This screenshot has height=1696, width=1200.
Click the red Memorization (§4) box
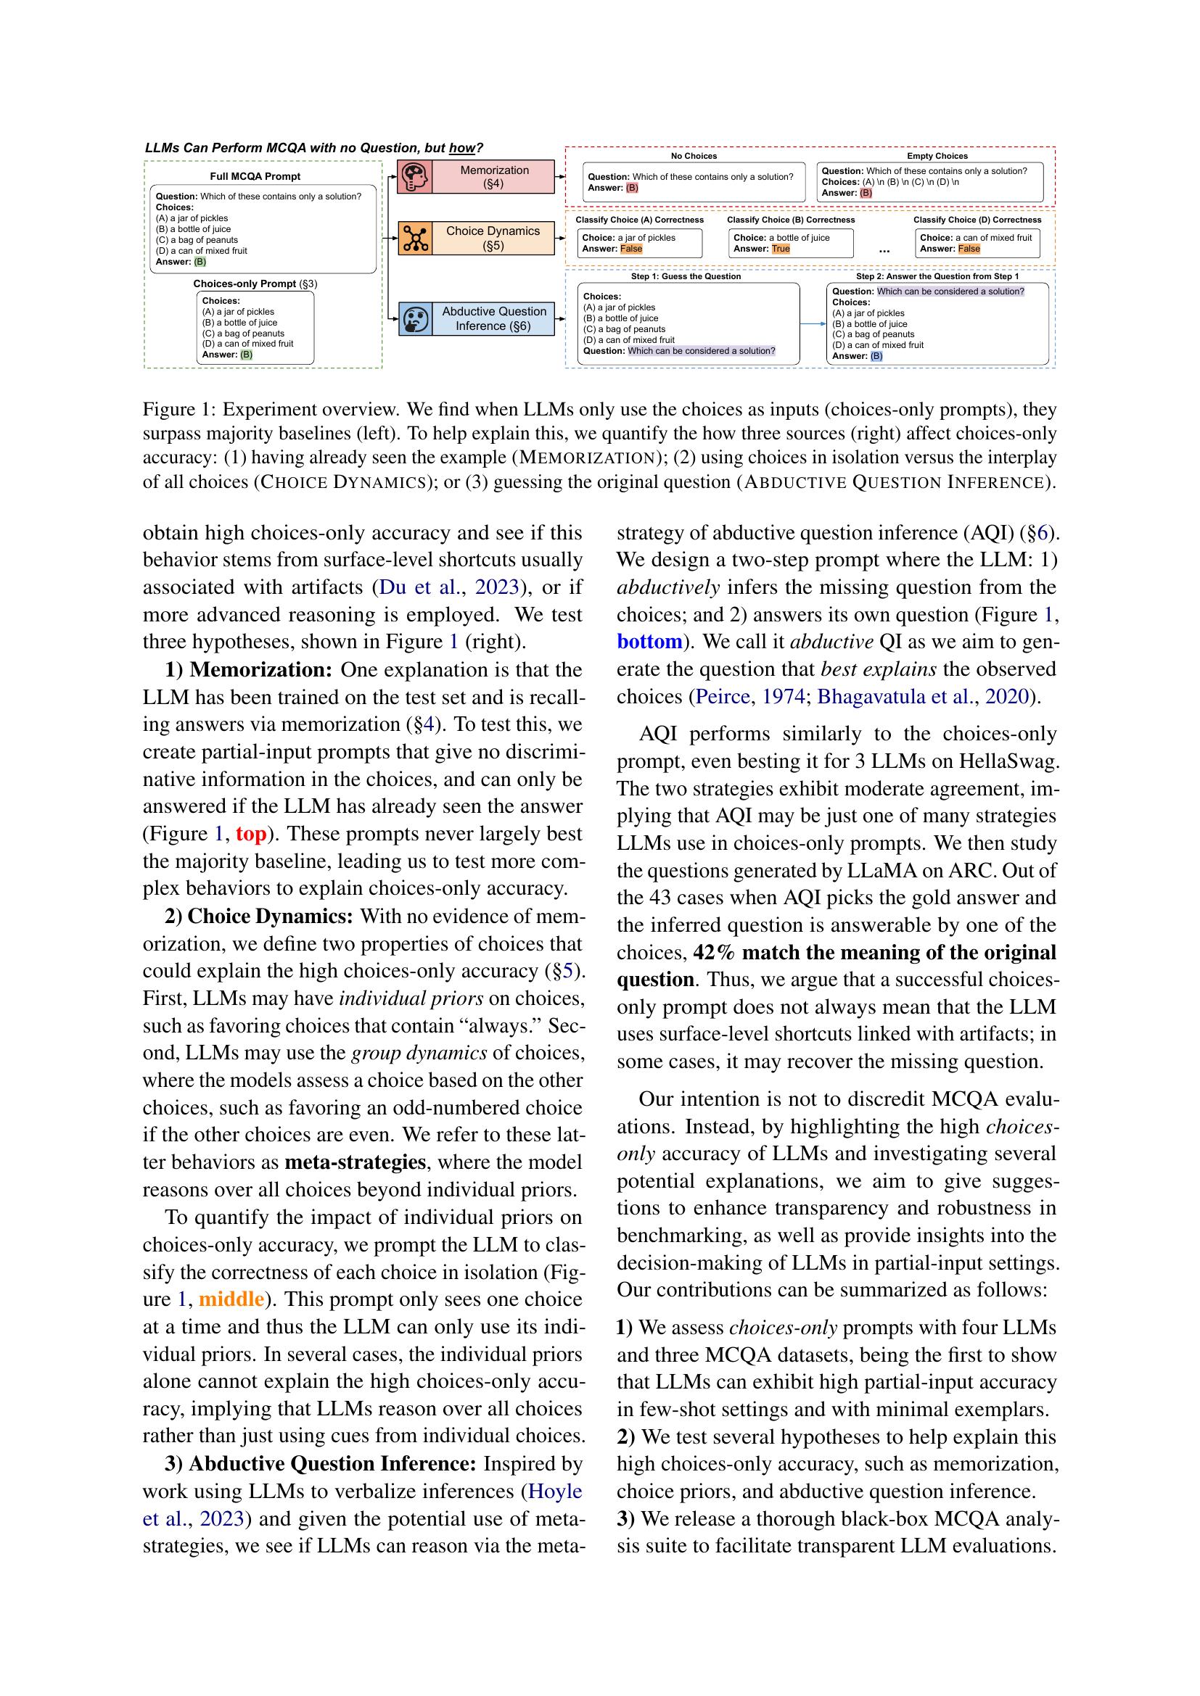[x=493, y=177]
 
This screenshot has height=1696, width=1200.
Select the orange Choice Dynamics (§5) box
[x=493, y=238]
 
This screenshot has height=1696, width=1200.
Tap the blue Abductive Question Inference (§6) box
[x=493, y=318]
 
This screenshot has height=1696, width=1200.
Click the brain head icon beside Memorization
[x=415, y=177]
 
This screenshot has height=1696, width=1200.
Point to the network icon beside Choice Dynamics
[x=415, y=238]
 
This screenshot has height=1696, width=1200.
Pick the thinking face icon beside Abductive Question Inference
[x=415, y=319]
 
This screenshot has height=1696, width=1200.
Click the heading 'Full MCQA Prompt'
[x=255, y=176]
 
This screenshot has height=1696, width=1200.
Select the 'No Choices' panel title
[x=693, y=156]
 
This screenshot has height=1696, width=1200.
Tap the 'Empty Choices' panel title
[x=937, y=156]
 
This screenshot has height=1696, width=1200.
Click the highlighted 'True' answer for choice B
[x=781, y=249]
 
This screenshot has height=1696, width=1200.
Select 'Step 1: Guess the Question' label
[x=686, y=276]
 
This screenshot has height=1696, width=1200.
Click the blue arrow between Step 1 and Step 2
[x=813, y=323]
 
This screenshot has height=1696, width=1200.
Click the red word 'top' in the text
[x=250, y=834]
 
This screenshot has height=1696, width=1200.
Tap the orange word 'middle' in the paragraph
[x=231, y=1299]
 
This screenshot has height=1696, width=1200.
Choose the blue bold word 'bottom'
[x=649, y=641]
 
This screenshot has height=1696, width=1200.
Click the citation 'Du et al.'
[x=422, y=588]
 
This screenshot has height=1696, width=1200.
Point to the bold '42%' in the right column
[x=714, y=952]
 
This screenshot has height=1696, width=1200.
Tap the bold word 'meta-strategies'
[x=356, y=1162]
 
